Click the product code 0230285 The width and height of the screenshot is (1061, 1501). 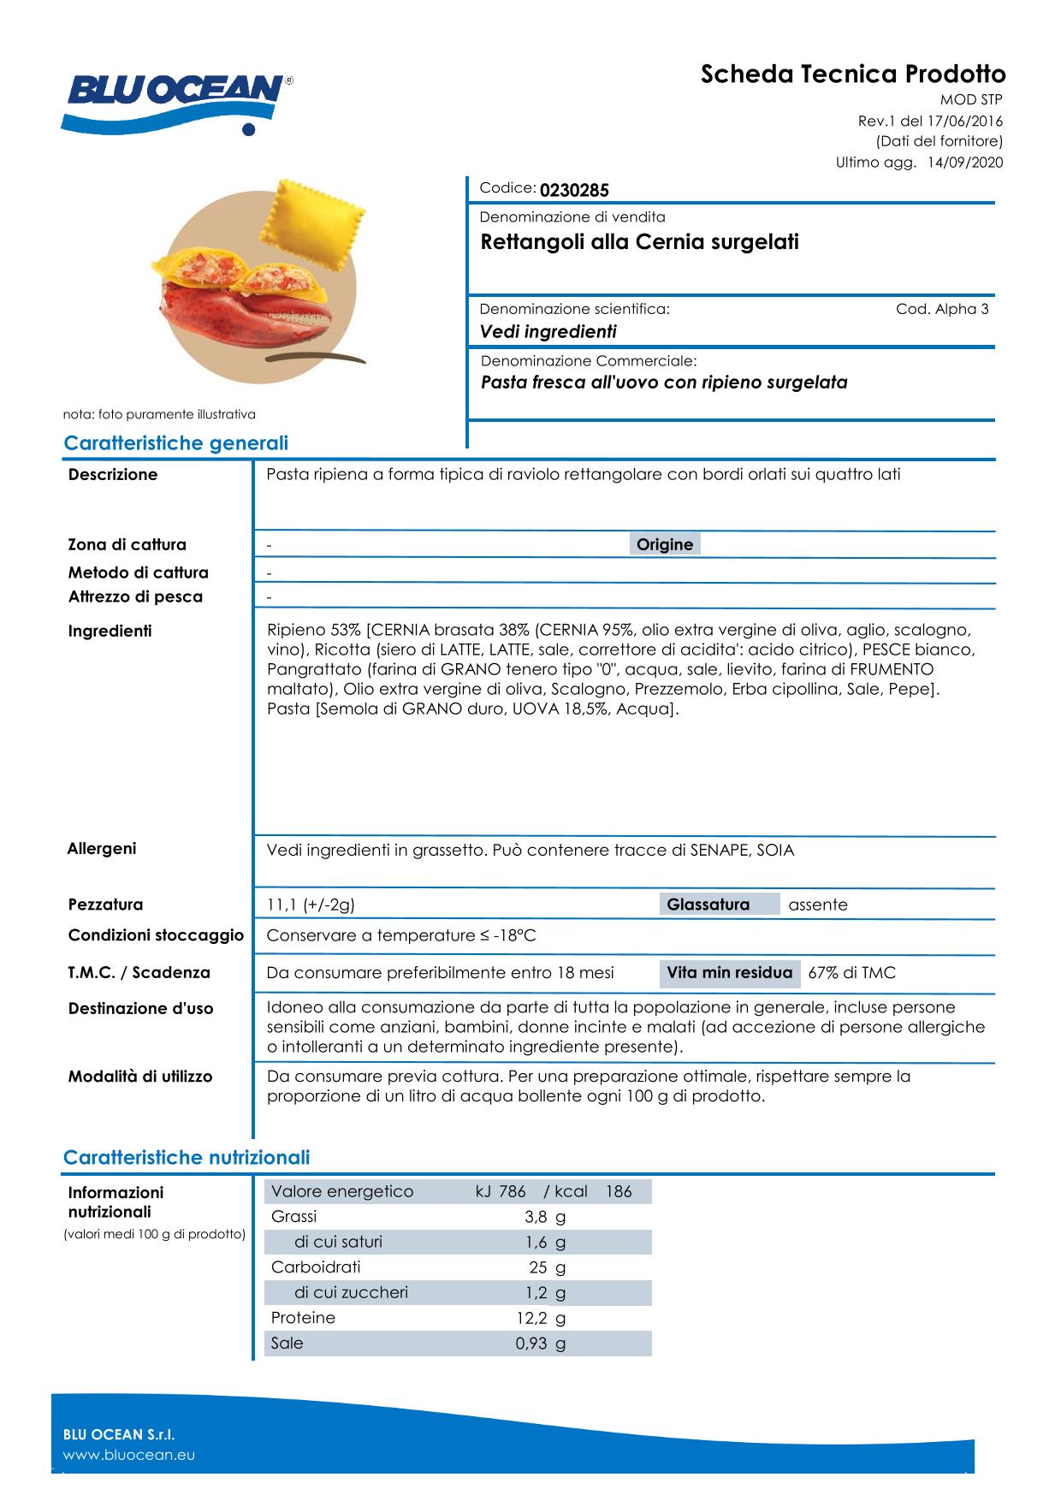574,190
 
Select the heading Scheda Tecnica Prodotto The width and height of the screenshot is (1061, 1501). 853,74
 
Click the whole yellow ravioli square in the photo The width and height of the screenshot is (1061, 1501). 317,217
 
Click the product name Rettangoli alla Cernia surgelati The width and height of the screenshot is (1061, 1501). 639,242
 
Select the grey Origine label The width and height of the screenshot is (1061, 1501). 665,544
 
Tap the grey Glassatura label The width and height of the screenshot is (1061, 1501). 708,905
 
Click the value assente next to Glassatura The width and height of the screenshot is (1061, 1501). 817,905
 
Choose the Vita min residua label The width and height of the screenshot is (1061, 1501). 729,973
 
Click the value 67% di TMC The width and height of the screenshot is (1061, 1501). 851,973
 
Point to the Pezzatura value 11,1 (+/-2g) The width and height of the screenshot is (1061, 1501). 311,905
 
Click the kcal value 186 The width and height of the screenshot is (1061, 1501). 618,1191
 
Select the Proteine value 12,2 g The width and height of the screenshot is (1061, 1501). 540,1318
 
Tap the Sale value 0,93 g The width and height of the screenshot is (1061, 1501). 540,1344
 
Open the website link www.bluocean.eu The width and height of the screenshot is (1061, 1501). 129,1455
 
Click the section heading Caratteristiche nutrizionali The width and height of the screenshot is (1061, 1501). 187,1158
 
